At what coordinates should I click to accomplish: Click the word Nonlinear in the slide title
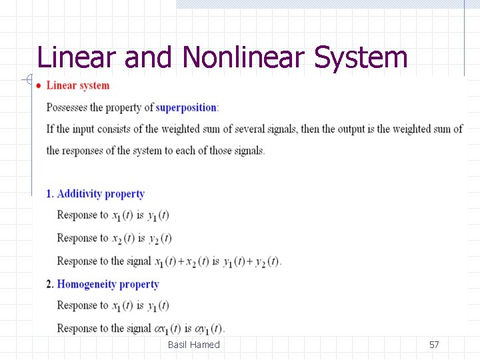pyautogui.click(x=244, y=57)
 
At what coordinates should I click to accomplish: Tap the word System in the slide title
pyautogui.click(x=361, y=57)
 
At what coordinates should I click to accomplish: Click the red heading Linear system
pyautogui.click(x=78, y=85)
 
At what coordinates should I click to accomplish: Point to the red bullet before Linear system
pyautogui.click(x=39, y=85)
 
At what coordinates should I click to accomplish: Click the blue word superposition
pyautogui.click(x=186, y=107)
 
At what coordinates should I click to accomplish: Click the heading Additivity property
pyautogui.click(x=101, y=194)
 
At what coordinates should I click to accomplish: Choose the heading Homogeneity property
pyautogui.click(x=108, y=284)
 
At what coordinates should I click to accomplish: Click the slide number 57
pyautogui.click(x=434, y=345)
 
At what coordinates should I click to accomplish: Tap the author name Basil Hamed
pyautogui.click(x=193, y=345)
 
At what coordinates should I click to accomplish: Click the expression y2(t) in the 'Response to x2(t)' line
pyautogui.click(x=160, y=239)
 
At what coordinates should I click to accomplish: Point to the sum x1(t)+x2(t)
pyautogui.click(x=181, y=261)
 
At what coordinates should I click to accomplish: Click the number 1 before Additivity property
pyautogui.click(x=49, y=194)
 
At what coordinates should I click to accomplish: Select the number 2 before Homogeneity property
pyautogui.click(x=49, y=284)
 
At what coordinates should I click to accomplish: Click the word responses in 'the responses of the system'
pyautogui.click(x=88, y=150)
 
